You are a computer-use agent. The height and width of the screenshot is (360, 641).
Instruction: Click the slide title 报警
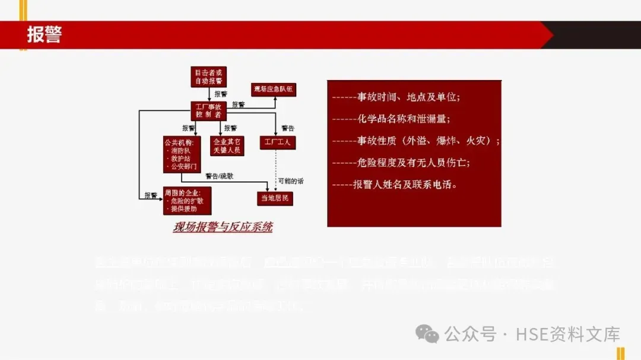coord(45,34)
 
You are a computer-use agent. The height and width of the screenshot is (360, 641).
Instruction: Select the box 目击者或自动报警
coord(208,77)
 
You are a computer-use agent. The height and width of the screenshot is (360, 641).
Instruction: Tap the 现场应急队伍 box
coord(274,90)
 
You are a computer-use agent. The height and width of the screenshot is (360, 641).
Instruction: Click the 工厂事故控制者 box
coord(208,110)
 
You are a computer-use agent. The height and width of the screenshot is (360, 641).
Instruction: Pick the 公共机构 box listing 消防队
coord(182,154)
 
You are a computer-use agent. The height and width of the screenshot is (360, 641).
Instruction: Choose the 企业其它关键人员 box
coord(227,146)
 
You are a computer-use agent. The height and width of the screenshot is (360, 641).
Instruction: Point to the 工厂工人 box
coord(278,142)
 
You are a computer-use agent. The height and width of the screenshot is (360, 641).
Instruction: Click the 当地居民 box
coord(275,198)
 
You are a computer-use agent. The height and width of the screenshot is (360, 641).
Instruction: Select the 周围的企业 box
coord(187,200)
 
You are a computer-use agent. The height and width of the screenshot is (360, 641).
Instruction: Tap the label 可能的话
coord(290,180)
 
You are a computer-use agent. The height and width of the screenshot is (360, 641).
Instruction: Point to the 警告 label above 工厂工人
coord(288,128)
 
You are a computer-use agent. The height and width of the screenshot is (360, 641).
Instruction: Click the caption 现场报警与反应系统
coord(223,227)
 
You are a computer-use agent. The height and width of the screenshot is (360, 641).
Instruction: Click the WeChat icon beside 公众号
coord(427,333)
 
